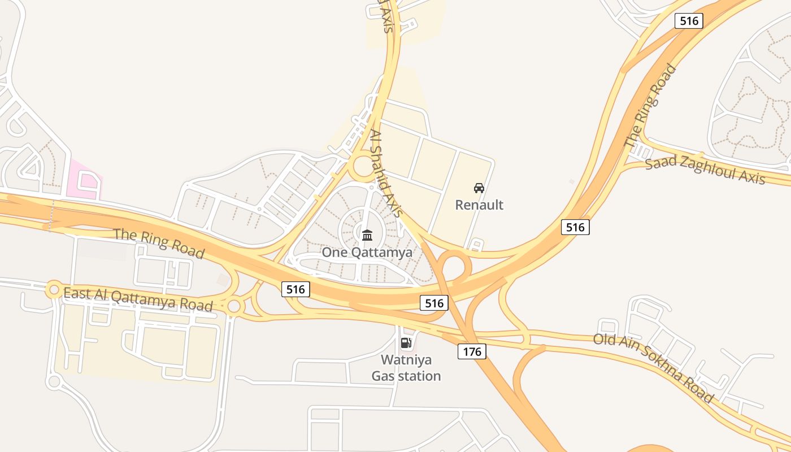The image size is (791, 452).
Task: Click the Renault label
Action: (479, 205)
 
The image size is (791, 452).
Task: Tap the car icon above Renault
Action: (479, 188)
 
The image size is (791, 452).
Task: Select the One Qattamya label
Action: (367, 253)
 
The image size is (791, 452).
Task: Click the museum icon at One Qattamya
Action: (367, 235)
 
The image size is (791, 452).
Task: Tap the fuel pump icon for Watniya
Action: (406, 342)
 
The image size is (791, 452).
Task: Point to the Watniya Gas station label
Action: (406, 368)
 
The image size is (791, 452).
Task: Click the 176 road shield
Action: (472, 352)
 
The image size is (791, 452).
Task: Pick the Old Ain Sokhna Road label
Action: (653, 367)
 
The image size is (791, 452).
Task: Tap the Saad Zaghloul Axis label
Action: (705, 171)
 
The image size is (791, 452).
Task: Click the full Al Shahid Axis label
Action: (386, 173)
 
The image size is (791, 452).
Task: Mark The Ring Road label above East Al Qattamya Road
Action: (159, 244)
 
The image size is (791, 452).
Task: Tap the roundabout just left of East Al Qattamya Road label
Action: (54, 290)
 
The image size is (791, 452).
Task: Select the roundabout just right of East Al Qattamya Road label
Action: (234, 307)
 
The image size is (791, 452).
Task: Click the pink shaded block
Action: (84, 180)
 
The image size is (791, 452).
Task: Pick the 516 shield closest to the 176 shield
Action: (434, 303)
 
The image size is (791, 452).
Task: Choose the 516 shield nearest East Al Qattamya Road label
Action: (295, 289)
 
